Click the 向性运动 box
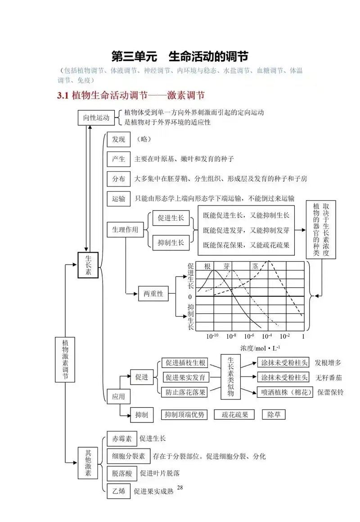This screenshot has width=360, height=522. point(96,118)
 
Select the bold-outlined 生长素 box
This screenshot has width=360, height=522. point(88,265)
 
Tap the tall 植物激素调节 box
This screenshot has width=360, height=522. point(66,359)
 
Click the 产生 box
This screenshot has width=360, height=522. point(119,159)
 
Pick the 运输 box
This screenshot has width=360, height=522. point(119,198)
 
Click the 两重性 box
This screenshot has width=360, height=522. point(153,294)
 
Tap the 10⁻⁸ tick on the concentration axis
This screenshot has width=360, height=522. point(231,336)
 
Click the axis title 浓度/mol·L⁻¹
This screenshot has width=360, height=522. point(261,348)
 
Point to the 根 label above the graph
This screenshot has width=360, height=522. point(207,266)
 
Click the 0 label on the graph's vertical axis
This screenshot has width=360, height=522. point(190,297)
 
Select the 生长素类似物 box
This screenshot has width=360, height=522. point(230,377)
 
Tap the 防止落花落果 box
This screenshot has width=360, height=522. point(185,392)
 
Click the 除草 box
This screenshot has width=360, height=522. point(274,414)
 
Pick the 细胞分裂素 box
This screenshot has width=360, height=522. point(128,456)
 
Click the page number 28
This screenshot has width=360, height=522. point(180,488)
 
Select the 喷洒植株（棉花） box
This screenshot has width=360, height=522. point(284,392)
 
